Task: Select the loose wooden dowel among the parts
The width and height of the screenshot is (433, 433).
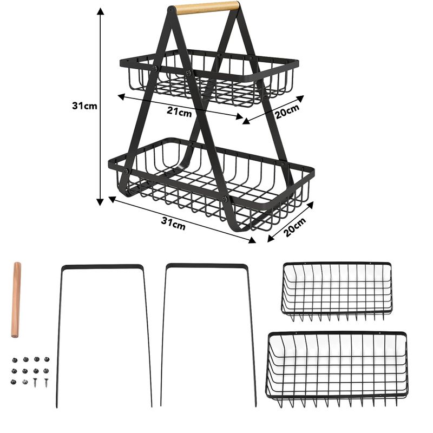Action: pos(16,300)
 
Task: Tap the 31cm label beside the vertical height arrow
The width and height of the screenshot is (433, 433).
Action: pos(84,106)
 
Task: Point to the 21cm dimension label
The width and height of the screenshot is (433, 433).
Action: pos(180,112)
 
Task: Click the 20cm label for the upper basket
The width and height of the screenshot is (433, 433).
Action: pos(287,110)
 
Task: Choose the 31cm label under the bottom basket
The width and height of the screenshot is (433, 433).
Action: pos(173,223)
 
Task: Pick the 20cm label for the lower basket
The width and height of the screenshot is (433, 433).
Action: pos(294,227)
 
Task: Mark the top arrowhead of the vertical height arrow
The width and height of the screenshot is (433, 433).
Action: pos(100,11)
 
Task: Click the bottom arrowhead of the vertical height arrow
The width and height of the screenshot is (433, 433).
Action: pos(100,202)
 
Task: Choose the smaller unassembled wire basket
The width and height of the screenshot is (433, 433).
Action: pos(337,291)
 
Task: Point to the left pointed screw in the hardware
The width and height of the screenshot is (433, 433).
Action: pos(35,382)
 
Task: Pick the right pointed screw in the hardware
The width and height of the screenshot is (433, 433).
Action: pos(46,382)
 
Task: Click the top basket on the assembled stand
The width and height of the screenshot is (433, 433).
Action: pos(209,78)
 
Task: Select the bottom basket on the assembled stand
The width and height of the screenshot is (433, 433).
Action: pos(211,183)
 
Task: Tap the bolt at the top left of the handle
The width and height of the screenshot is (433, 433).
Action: pos(172,9)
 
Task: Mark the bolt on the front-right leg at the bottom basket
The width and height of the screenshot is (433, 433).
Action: pos(225,199)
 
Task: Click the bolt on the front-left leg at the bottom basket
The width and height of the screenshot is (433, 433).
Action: pos(126,171)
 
